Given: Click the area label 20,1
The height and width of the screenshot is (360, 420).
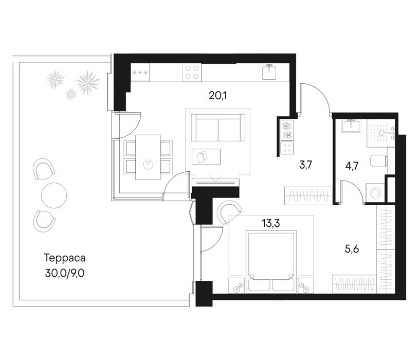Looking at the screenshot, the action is click(x=217, y=96).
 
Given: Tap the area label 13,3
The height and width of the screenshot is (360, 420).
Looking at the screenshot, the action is click(x=271, y=223).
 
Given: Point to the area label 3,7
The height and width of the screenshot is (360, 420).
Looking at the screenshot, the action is click(x=305, y=165).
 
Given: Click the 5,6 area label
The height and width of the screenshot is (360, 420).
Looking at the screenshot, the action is click(x=352, y=249).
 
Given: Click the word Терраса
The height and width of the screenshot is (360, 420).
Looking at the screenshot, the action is click(x=65, y=258).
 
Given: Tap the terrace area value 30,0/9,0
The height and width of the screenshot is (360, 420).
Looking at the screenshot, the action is click(x=65, y=274).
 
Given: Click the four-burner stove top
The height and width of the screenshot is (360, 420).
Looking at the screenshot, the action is click(x=192, y=73).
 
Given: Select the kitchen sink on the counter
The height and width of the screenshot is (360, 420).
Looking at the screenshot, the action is click(x=269, y=72).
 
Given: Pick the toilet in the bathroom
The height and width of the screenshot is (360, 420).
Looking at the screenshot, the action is click(x=379, y=161).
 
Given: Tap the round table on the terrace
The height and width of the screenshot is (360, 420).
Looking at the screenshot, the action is click(x=54, y=194).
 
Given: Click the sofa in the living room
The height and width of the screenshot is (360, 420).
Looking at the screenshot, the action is click(x=218, y=128).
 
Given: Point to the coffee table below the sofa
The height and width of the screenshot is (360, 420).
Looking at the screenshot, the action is click(x=206, y=157).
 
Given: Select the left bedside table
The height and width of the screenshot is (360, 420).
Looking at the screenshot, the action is click(x=238, y=286).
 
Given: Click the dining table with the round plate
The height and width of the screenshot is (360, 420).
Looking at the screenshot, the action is click(x=148, y=157).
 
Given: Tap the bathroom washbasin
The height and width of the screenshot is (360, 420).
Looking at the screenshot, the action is click(x=351, y=125).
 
